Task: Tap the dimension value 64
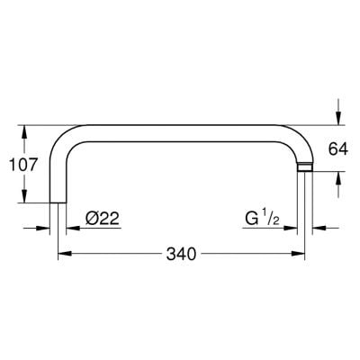click(337, 148)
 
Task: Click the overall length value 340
click(180, 255)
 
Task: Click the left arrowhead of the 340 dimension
click(63, 255)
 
